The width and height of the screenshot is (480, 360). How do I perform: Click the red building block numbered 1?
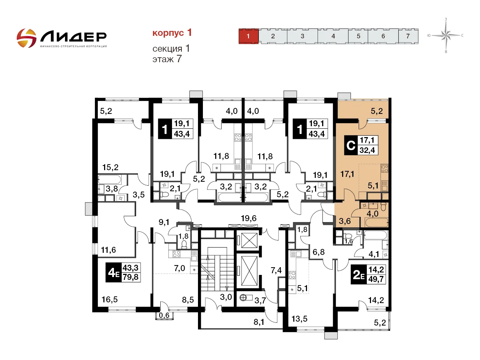[x=248, y=36]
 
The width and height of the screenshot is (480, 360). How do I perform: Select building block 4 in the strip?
[x=333, y=36]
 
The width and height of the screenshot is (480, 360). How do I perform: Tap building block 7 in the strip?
[x=408, y=36]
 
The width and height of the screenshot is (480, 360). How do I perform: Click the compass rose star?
[x=446, y=35]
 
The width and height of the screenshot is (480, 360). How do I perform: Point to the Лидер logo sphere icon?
[x=26, y=38]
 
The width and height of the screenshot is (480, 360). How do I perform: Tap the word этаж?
[x=163, y=59]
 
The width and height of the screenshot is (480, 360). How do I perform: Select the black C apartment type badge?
[x=351, y=145]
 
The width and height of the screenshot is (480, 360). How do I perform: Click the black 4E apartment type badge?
[x=114, y=272]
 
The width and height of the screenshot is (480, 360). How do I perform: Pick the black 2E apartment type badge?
[x=359, y=274]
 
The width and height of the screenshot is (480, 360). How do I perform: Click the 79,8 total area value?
[x=130, y=277]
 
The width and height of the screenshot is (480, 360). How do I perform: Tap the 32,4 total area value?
[x=367, y=150]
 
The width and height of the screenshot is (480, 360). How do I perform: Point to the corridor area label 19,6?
[x=249, y=218]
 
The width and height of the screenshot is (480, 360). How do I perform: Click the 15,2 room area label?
[x=110, y=167]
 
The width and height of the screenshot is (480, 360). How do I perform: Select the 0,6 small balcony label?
[x=164, y=315]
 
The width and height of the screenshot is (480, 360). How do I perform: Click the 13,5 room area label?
[x=299, y=319]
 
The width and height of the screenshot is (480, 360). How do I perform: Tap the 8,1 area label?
[x=259, y=322]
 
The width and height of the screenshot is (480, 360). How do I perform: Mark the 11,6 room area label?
[x=108, y=250]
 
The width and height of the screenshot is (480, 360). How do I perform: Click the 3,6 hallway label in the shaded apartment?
[x=345, y=221]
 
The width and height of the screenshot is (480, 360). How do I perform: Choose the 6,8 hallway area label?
[x=319, y=252]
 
